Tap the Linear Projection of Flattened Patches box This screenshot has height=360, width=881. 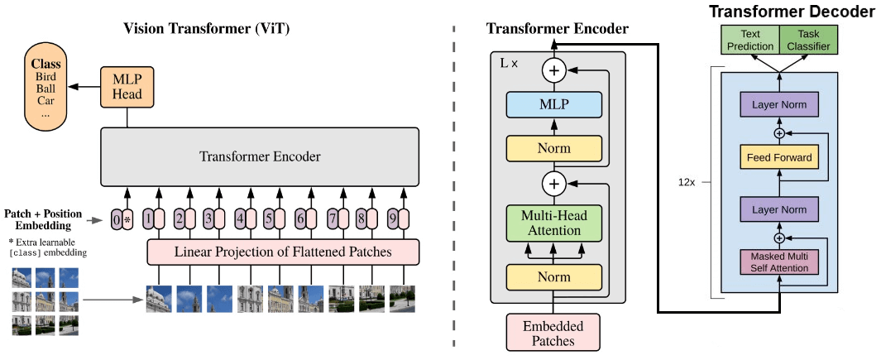(x=283, y=252)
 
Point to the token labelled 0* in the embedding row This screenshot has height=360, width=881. (x=122, y=220)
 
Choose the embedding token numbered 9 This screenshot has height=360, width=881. (x=396, y=220)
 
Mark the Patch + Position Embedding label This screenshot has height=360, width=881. (x=44, y=219)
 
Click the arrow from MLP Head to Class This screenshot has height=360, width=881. (x=84, y=86)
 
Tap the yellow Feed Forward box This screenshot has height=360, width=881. (x=778, y=157)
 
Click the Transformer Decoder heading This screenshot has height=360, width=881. (x=792, y=12)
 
